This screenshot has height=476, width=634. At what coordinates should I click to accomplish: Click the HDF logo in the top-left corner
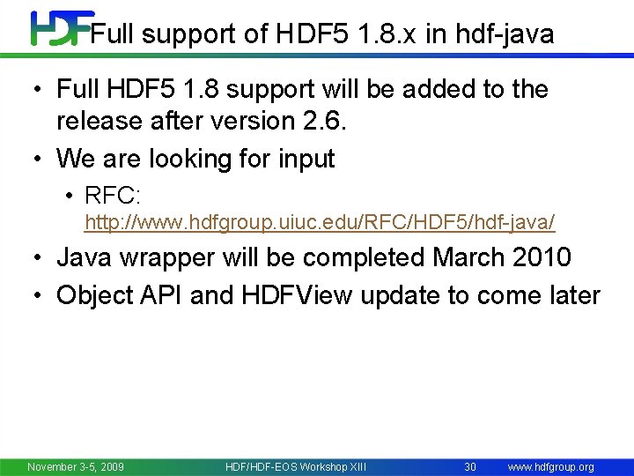point(60,28)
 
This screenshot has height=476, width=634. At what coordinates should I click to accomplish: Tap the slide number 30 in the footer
point(470,466)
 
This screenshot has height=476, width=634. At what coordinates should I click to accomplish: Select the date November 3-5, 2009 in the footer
point(76,466)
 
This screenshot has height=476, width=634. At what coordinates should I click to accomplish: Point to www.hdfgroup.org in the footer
point(552,466)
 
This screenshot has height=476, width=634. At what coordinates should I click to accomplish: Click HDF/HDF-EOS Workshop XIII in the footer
point(296,466)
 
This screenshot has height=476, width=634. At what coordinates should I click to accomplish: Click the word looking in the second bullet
point(186,159)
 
